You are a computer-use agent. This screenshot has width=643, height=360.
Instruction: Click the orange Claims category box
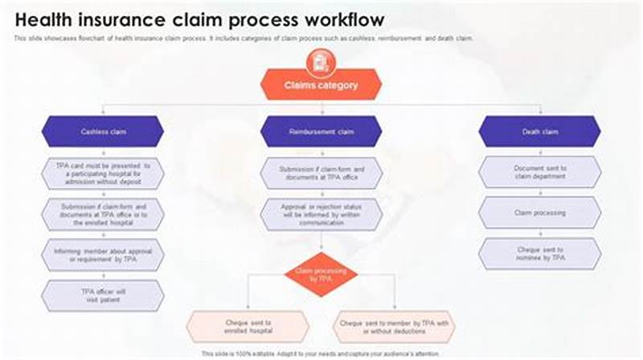pyautogui.click(x=321, y=84)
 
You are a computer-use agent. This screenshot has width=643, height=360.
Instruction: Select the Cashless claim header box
pyautogui.click(x=102, y=131)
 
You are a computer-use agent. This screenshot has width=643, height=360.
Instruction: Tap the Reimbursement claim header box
pyautogui.click(x=321, y=131)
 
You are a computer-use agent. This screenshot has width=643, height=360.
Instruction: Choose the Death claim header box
pyautogui.click(x=539, y=131)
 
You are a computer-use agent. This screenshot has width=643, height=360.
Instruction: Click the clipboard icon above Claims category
pyautogui.click(x=321, y=59)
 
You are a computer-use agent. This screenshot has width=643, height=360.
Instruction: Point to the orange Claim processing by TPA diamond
pyautogui.click(x=321, y=276)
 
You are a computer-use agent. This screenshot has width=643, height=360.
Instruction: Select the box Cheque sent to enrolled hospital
pyautogui.click(x=248, y=326)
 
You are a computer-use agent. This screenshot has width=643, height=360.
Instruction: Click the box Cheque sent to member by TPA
pyautogui.click(x=394, y=326)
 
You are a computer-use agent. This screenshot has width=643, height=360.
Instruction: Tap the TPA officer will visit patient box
pyautogui.click(x=102, y=296)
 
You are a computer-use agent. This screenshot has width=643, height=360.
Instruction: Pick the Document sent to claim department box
pyautogui.click(x=539, y=173)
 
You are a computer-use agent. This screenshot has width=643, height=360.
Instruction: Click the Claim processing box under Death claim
pyautogui.click(x=539, y=213)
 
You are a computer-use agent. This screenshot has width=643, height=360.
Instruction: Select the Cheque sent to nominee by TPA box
pyautogui.click(x=539, y=254)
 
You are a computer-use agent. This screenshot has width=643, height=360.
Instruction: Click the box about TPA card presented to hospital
pyautogui.click(x=102, y=173)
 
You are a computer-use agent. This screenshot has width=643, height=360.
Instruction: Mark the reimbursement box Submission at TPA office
pyautogui.click(x=321, y=173)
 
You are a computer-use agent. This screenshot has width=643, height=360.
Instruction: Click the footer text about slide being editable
pyautogui.click(x=321, y=354)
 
